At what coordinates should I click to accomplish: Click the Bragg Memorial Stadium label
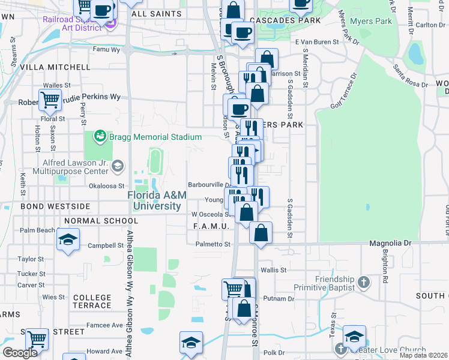point(142,137)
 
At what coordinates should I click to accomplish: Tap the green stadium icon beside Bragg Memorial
point(100,137)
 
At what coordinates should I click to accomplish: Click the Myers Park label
point(375,22)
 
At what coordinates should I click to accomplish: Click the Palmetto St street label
point(213,244)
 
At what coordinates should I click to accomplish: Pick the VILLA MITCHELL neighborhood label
point(55,67)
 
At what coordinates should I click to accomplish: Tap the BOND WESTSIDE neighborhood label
point(55,206)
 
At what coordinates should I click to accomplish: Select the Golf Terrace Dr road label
point(344,91)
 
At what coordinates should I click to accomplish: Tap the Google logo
point(20,353)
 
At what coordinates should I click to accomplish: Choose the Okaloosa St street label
point(106,186)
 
